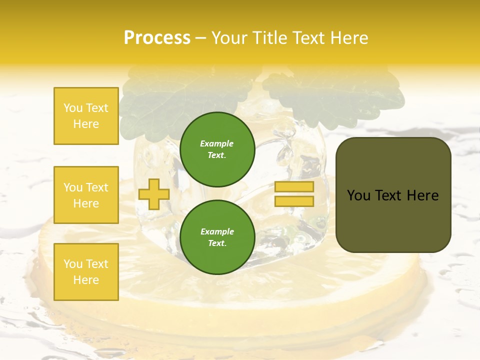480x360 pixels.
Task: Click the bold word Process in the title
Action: tap(157, 38)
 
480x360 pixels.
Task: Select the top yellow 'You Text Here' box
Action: tap(86, 116)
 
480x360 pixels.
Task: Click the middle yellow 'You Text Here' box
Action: tap(86, 195)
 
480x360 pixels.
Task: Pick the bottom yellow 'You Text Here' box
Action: tap(86, 272)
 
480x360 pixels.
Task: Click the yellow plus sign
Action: tap(154, 194)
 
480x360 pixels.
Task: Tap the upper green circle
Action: tap(217, 149)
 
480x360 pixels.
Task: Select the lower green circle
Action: tap(217, 237)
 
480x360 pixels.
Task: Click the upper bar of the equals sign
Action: tap(294, 187)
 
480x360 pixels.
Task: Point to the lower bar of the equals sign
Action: tap(294, 201)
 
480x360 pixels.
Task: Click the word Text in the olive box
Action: tap(389, 195)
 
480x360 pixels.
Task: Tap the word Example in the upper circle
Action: tap(217, 144)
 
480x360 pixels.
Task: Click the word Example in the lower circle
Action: tap(217, 232)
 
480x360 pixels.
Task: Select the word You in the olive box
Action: tap(358, 195)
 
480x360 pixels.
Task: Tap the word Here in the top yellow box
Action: tap(86, 124)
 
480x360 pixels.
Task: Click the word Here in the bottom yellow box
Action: tap(86, 280)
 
